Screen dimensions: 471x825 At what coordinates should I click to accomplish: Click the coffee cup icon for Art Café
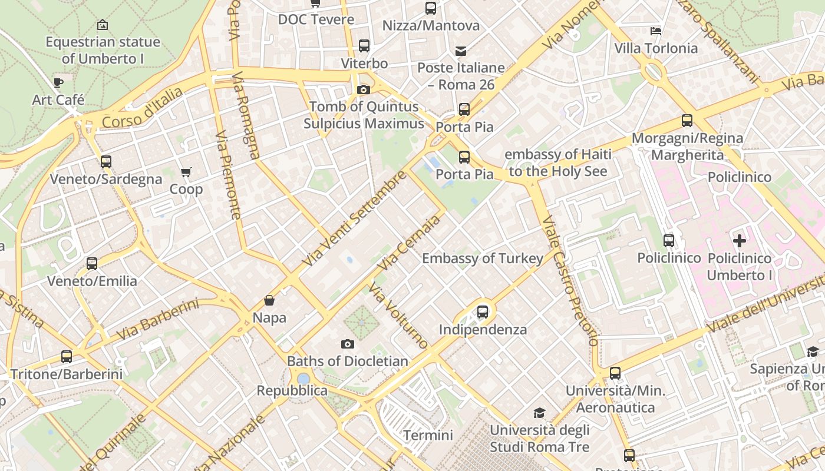58,82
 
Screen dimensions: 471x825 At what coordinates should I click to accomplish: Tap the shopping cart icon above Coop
186,172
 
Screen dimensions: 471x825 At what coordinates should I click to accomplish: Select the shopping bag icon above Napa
269,300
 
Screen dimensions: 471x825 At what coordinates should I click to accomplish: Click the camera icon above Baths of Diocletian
348,344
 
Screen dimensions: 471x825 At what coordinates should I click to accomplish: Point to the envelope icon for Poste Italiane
461,51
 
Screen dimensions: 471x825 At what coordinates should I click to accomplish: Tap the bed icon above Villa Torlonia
656,31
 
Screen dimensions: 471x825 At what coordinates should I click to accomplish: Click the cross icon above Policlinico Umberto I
740,241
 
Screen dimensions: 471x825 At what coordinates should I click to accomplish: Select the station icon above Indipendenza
483,312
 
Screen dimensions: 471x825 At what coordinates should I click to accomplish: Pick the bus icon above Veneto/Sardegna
106,161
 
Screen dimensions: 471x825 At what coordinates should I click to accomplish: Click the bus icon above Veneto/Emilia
92,264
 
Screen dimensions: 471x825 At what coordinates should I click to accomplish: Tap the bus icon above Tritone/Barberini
67,356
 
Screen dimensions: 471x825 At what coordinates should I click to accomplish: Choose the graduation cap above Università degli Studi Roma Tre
539,413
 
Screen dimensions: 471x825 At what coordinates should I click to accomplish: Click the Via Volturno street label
398,316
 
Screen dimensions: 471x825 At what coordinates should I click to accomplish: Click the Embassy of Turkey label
483,258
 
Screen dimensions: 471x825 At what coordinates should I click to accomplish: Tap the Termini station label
428,435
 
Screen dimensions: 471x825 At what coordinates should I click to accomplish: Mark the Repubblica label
292,390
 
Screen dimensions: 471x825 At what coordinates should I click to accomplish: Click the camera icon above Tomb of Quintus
364,89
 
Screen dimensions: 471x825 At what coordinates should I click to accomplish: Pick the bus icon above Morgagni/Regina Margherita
687,121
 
